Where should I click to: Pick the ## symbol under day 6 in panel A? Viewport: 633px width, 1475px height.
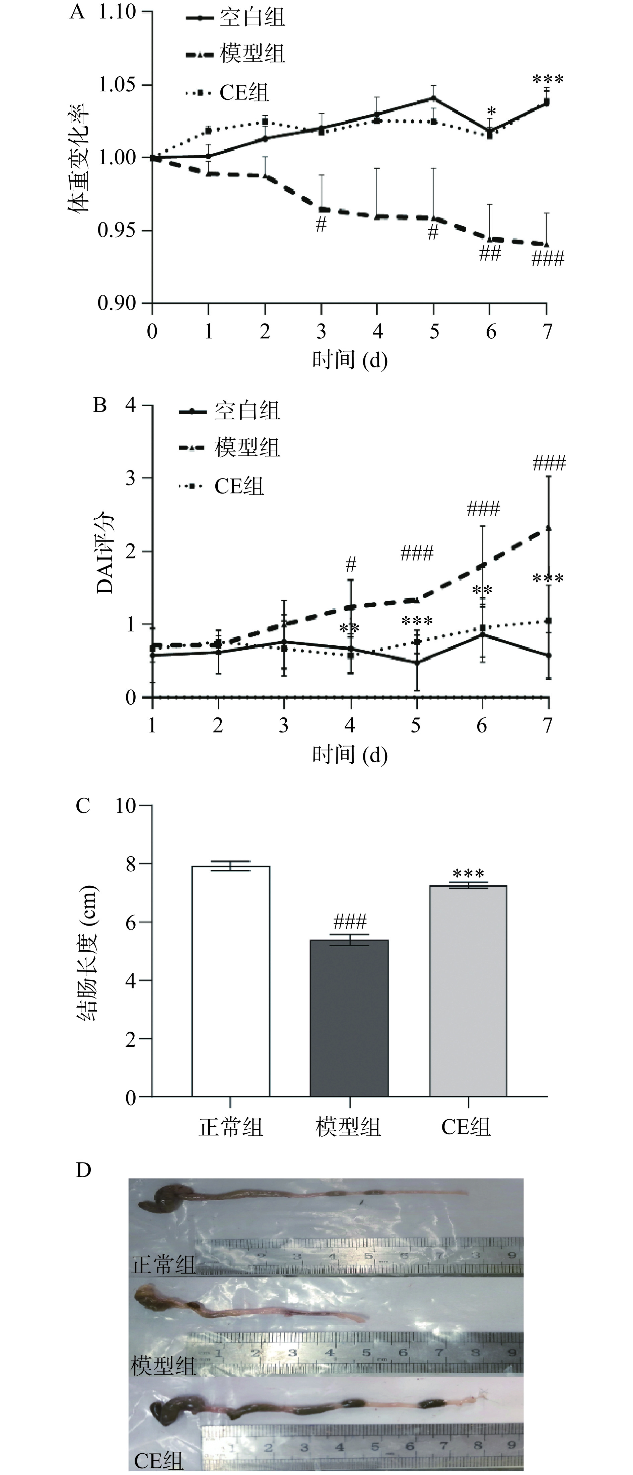[x=490, y=253]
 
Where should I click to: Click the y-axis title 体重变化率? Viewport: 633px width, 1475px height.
[x=80, y=158]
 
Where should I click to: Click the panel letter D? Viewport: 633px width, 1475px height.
[x=84, y=1170]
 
